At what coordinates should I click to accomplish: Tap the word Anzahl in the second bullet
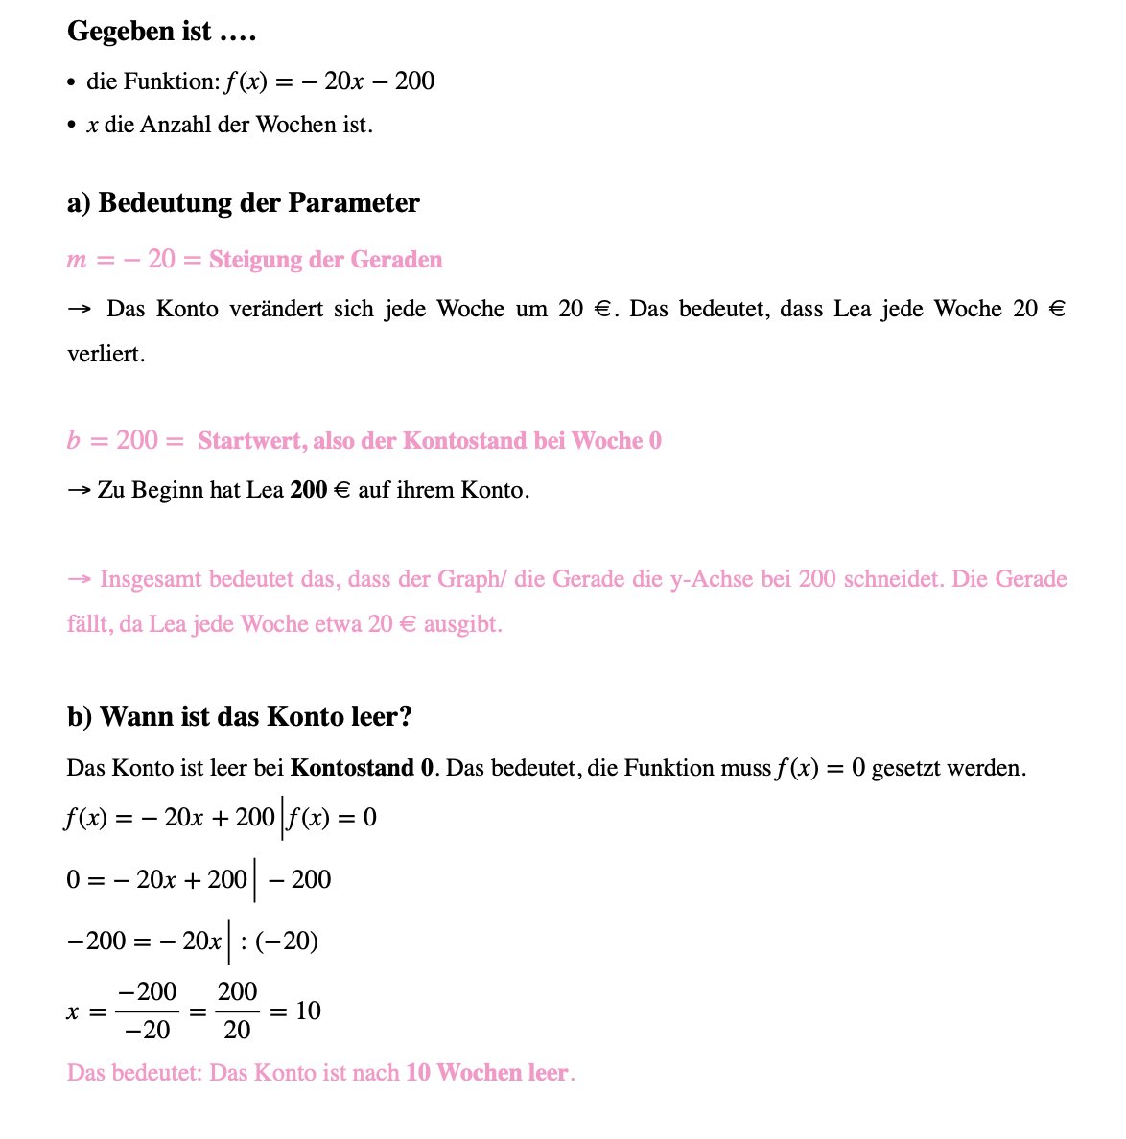pyautogui.click(x=176, y=125)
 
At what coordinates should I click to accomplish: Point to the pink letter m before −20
pyautogui.click(x=76, y=261)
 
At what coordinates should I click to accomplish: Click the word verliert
pyautogui.click(x=106, y=354)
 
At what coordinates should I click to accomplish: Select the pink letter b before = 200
pyautogui.click(x=74, y=441)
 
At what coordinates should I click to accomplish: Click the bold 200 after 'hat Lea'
pyautogui.click(x=309, y=491)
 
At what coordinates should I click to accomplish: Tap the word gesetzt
pyautogui.click(x=908, y=768)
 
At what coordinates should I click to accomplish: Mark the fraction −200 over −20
pyautogui.click(x=148, y=1011)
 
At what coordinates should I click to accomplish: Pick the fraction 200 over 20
pyautogui.click(x=237, y=1011)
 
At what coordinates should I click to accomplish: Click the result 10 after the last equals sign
pyautogui.click(x=308, y=1011)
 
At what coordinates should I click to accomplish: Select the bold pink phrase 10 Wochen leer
pyautogui.click(x=487, y=1072)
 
